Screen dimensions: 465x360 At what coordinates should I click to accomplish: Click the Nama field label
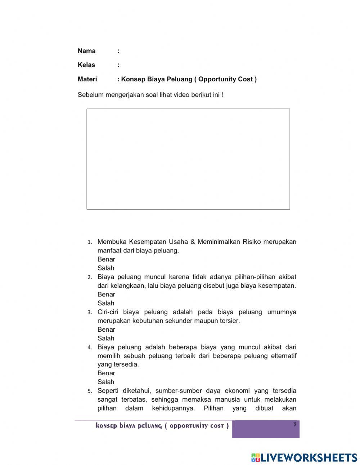(86, 51)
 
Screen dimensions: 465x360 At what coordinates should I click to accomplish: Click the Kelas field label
(86, 65)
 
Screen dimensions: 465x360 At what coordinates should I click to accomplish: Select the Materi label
(87, 79)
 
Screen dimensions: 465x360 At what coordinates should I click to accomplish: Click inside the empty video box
(188, 159)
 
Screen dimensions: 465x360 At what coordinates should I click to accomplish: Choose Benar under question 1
(106, 259)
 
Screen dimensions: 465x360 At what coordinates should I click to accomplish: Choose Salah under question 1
(106, 268)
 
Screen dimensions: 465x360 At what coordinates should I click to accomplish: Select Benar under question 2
(106, 294)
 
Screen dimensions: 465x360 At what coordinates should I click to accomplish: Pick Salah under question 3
(106, 338)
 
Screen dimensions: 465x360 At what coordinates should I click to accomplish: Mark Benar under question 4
(106, 373)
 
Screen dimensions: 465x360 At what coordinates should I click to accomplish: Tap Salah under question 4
(106, 382)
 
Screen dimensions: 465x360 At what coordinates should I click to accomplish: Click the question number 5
(90, 391)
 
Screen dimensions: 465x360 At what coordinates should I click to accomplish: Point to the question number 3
(90, 313)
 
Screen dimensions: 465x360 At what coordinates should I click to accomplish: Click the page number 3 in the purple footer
(294, 425)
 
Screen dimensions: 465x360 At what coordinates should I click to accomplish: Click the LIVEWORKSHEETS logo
(304, 457)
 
